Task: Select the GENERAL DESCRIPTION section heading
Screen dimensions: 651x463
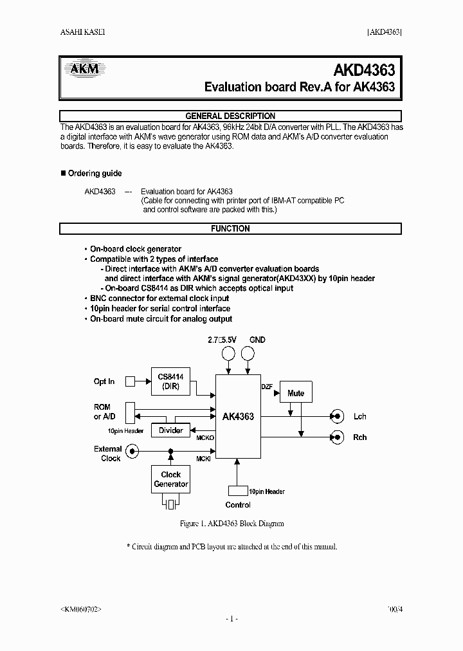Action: pos(230,116)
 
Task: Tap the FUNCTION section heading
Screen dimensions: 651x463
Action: pos(230,228)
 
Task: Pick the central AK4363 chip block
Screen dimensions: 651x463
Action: pos(238,416)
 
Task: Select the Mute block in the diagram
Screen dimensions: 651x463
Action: pos(296,393)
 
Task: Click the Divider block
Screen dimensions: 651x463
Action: pos(170,430)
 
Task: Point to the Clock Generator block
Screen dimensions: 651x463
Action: pos(170,479)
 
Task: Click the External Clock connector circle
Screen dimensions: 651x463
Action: pos(131,452)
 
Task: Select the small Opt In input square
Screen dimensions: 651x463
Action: pos(130,381)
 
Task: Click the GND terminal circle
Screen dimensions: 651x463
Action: pos(248,353)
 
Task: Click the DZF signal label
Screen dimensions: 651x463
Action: pos(267,387)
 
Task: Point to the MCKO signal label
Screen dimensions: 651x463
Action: pos(205,437)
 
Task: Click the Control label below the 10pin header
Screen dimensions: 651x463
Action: pos(238,505)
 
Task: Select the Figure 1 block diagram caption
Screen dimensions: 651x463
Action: pos(232,524)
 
